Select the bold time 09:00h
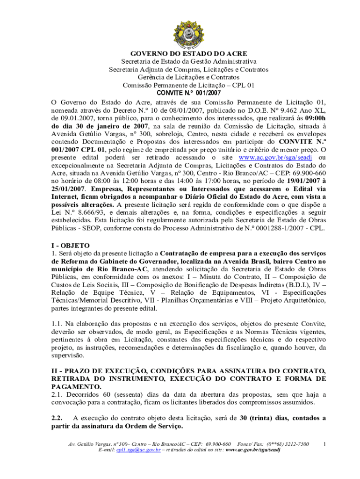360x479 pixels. [312, 118]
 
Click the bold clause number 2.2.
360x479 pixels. [57, 418]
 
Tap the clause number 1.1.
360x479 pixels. [57, 324]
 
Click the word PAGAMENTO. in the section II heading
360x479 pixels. [76, 386]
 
